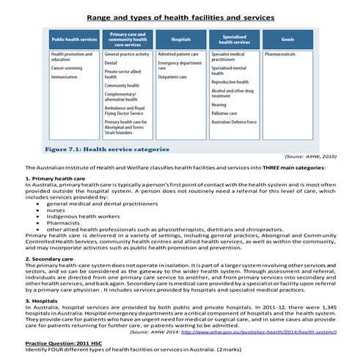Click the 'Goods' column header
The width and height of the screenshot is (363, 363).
tap(288, 40)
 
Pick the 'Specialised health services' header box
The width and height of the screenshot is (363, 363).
tap(233, 40)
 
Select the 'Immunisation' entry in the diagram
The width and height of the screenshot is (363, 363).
tap(65, 76)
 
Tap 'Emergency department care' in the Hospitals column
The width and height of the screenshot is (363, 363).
tap(179, 67)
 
